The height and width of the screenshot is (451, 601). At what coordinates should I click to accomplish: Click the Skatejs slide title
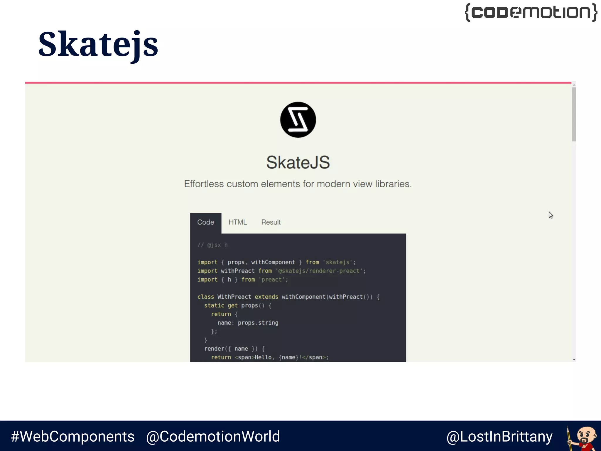[x=98, y=45]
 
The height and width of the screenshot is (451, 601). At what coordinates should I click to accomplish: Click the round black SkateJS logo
[x=298, y=120]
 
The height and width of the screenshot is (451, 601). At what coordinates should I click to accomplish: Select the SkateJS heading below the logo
[x=298, y=162]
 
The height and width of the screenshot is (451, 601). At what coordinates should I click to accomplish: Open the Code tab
[x=205, y=222]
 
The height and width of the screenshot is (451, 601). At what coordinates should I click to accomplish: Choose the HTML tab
[x=238, y=222]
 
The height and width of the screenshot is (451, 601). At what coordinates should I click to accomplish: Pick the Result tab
[x=271, y=222]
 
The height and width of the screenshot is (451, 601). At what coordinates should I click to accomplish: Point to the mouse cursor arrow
[x=551, y=215]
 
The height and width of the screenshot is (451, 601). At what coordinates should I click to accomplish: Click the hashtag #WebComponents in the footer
[x=72, y=436]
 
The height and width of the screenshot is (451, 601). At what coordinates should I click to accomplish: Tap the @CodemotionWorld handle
[x=213, y=436]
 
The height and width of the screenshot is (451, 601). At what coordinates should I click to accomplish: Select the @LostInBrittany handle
[x=499, y=437]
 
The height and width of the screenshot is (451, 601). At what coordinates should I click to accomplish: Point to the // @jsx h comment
[x=212, y=245]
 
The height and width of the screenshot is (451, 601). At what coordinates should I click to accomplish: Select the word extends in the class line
[x=266, y=297]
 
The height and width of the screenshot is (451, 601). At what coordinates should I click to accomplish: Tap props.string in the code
[x=258, y=323]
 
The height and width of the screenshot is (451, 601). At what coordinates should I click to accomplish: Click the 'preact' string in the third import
[x=271, y=280]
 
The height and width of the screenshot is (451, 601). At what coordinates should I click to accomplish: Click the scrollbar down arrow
[x=574, y=359]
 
